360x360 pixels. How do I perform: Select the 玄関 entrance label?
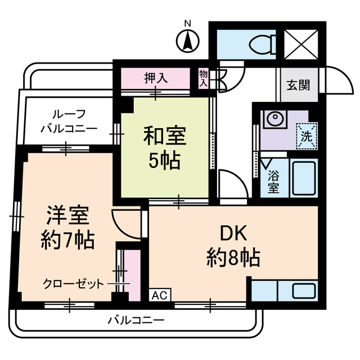tap(298, 85)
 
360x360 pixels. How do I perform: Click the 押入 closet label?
tap(156, 78)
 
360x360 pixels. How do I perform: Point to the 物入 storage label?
tap(204, 78)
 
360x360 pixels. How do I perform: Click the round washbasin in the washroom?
tap(274, 119)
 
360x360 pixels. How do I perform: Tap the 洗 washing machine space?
tap(307, 136)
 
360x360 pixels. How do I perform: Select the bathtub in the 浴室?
tap(304, 178)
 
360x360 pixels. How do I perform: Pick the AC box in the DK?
tap(160, 295)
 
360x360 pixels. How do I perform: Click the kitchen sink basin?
tap(304, 291)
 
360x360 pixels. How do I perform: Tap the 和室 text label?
tap(165, 136)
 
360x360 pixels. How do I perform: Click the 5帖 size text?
tap(164, 161)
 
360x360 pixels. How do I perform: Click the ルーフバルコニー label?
tap(69, 121)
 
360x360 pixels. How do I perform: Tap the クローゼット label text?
tap(74, 284)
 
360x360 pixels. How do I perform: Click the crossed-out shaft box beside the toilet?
tap(301, 44)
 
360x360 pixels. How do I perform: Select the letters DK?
tap(233, 232)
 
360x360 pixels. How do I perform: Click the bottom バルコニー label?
tap(136, 320)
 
